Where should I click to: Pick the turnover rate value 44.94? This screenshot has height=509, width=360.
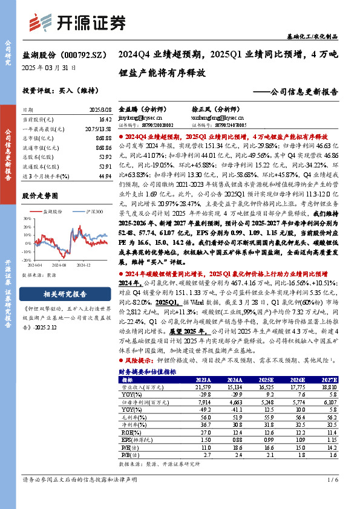pos(103,175)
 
